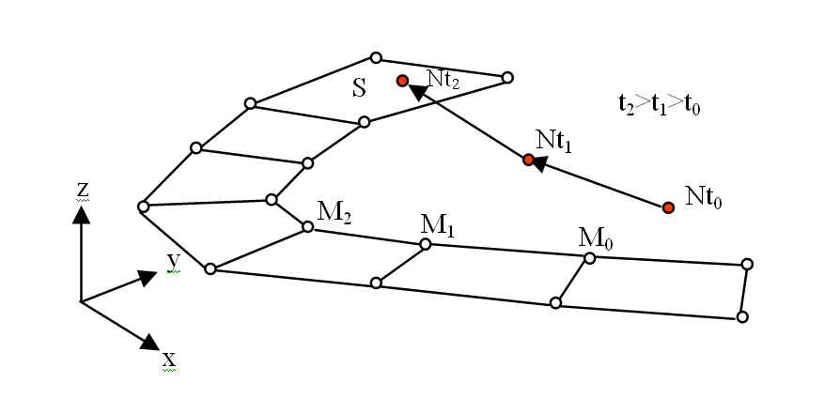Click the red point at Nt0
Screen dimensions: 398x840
[667, 207]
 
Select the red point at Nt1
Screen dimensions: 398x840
[528, 161]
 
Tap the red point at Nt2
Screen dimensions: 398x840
[402, 81]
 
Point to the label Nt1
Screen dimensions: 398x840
[554, 140]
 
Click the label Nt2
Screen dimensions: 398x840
[443, 81]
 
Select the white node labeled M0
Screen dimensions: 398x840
[589, 258]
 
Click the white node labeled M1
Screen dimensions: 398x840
[425, 244]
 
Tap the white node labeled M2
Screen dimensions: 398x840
[308, 226]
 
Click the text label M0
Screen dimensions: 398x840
[596, 237]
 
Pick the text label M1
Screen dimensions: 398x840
[437, 223]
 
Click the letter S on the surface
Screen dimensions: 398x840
[359, 89]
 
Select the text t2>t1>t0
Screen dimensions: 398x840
[655, 106]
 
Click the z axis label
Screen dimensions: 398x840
[82, 190]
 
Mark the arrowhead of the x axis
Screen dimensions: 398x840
[150, 342]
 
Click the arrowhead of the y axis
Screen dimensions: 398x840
[147, 276]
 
